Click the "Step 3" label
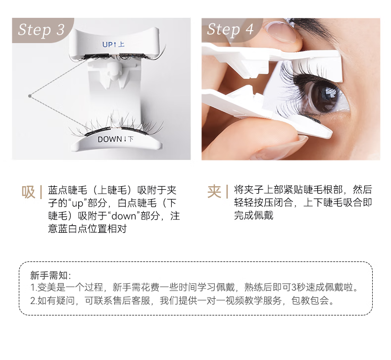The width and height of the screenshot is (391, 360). click(x=42, y=30)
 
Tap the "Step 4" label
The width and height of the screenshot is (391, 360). click(x=230, y=29)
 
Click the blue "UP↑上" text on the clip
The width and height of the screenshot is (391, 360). click(x=113, y=45)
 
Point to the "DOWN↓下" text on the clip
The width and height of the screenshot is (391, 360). click(x=115, y=139)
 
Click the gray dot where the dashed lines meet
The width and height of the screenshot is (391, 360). click(x=30, y=96)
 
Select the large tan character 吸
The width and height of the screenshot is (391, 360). click(x=28, y=192)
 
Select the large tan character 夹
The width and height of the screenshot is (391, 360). click(x=214, y=192)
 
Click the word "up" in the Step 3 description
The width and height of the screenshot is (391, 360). click(x=77, y=204)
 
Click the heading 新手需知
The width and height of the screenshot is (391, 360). click(x=49, y=275)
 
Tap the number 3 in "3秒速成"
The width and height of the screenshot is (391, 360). click(x=294, y=287)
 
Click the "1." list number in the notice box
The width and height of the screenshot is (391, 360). click(x=34, y=287)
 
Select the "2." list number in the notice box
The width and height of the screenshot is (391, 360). click(x=34, y=301)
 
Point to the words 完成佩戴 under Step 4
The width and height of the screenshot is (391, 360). click(x=253, y=215)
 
